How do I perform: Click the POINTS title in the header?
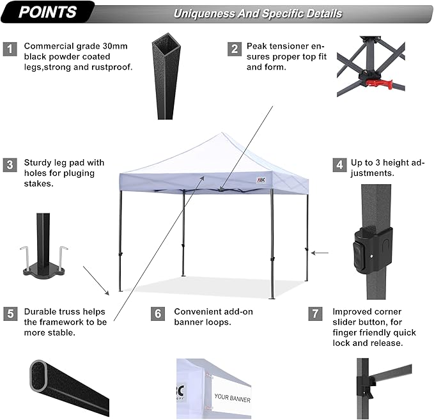pyautogui.click(x=47, y=12)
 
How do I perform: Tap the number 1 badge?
pyautogui.click(x=10, y=49)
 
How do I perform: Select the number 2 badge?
pyautogui.click(x=235, y=49)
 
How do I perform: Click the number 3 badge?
pyautogui.click(x=10, y=165)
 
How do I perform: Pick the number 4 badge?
pyautogui.click(x=338, y=165)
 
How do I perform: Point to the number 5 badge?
pyautogui.click(x=10, y=314)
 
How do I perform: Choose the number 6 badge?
pyautogui.click(x=159, y=314)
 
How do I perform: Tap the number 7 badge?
pyautogui.click(x=314, y=314)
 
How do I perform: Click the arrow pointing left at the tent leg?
pyautogui.click(x=320, y=253)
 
